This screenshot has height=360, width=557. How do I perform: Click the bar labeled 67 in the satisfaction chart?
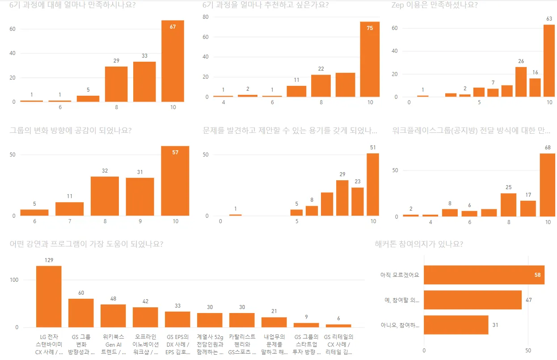[173, 61]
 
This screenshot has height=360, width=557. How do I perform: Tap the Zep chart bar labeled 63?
[549, 60]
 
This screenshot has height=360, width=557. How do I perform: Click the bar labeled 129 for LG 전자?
[49, 296]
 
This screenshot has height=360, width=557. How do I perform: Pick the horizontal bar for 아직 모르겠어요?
[484, 275]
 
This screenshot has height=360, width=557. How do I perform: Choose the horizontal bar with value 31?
[456, 325]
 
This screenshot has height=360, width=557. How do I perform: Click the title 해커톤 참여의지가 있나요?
[419, 244]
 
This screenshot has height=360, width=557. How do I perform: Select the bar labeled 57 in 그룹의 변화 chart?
[175, 181]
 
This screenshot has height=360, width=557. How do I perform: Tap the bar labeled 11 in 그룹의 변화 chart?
[69, 209]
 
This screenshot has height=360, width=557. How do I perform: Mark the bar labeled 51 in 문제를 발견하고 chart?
[373, 184]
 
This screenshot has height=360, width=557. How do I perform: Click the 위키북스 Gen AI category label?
[113, 344]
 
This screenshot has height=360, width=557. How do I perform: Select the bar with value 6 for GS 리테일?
[338, 326]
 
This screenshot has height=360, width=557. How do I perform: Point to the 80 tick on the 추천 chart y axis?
[206, 17]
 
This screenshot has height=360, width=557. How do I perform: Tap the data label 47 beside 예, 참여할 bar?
[528, 300]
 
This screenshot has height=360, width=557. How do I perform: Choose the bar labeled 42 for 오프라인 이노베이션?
[145, 317]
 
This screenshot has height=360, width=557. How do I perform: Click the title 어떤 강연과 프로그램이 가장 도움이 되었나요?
[86, 244]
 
